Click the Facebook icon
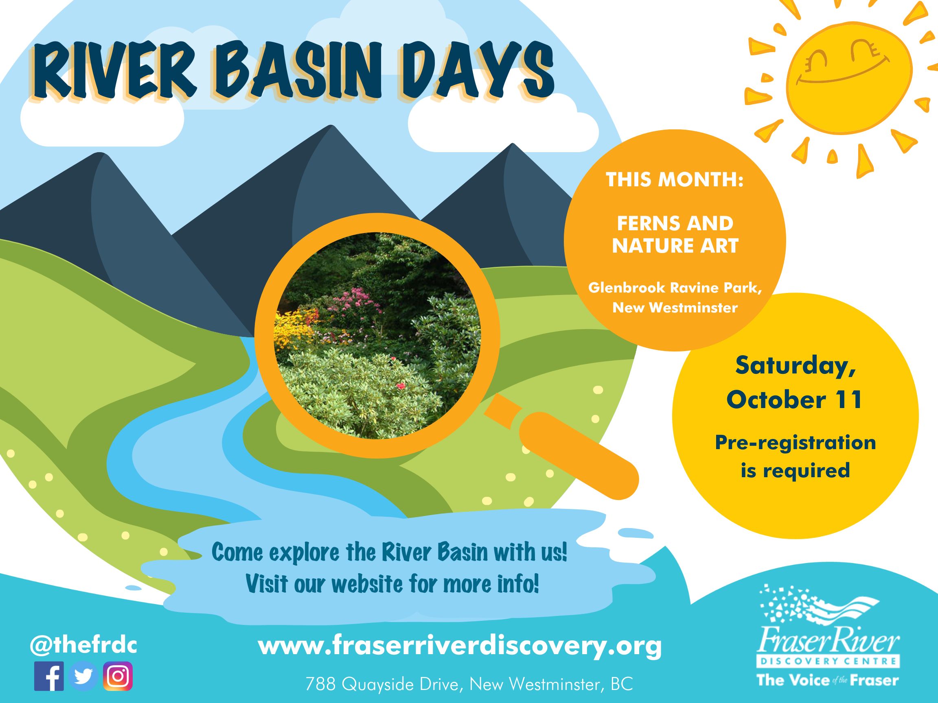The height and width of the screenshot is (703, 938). pyautogui.click(x=49, y=676)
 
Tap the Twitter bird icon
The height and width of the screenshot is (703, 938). pyautogui.click(x=83, y=676)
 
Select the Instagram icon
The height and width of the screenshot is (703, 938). pyautogui.click(x=118, y=676)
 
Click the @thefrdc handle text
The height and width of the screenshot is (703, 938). pyautogui.click(x=83, y=646)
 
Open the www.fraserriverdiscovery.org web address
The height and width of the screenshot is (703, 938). pyautogui.click(x=460, y=646)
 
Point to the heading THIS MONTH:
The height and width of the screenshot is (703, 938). pyautogui.click(x=675, y=180)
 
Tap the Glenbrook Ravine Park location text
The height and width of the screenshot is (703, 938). pyautogui.click(x=675, y=297)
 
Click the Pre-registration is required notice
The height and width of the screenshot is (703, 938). pyautogui.click(x=796, y=456)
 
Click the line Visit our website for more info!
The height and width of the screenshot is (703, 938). pyautogui.click(x=392, y=584)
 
